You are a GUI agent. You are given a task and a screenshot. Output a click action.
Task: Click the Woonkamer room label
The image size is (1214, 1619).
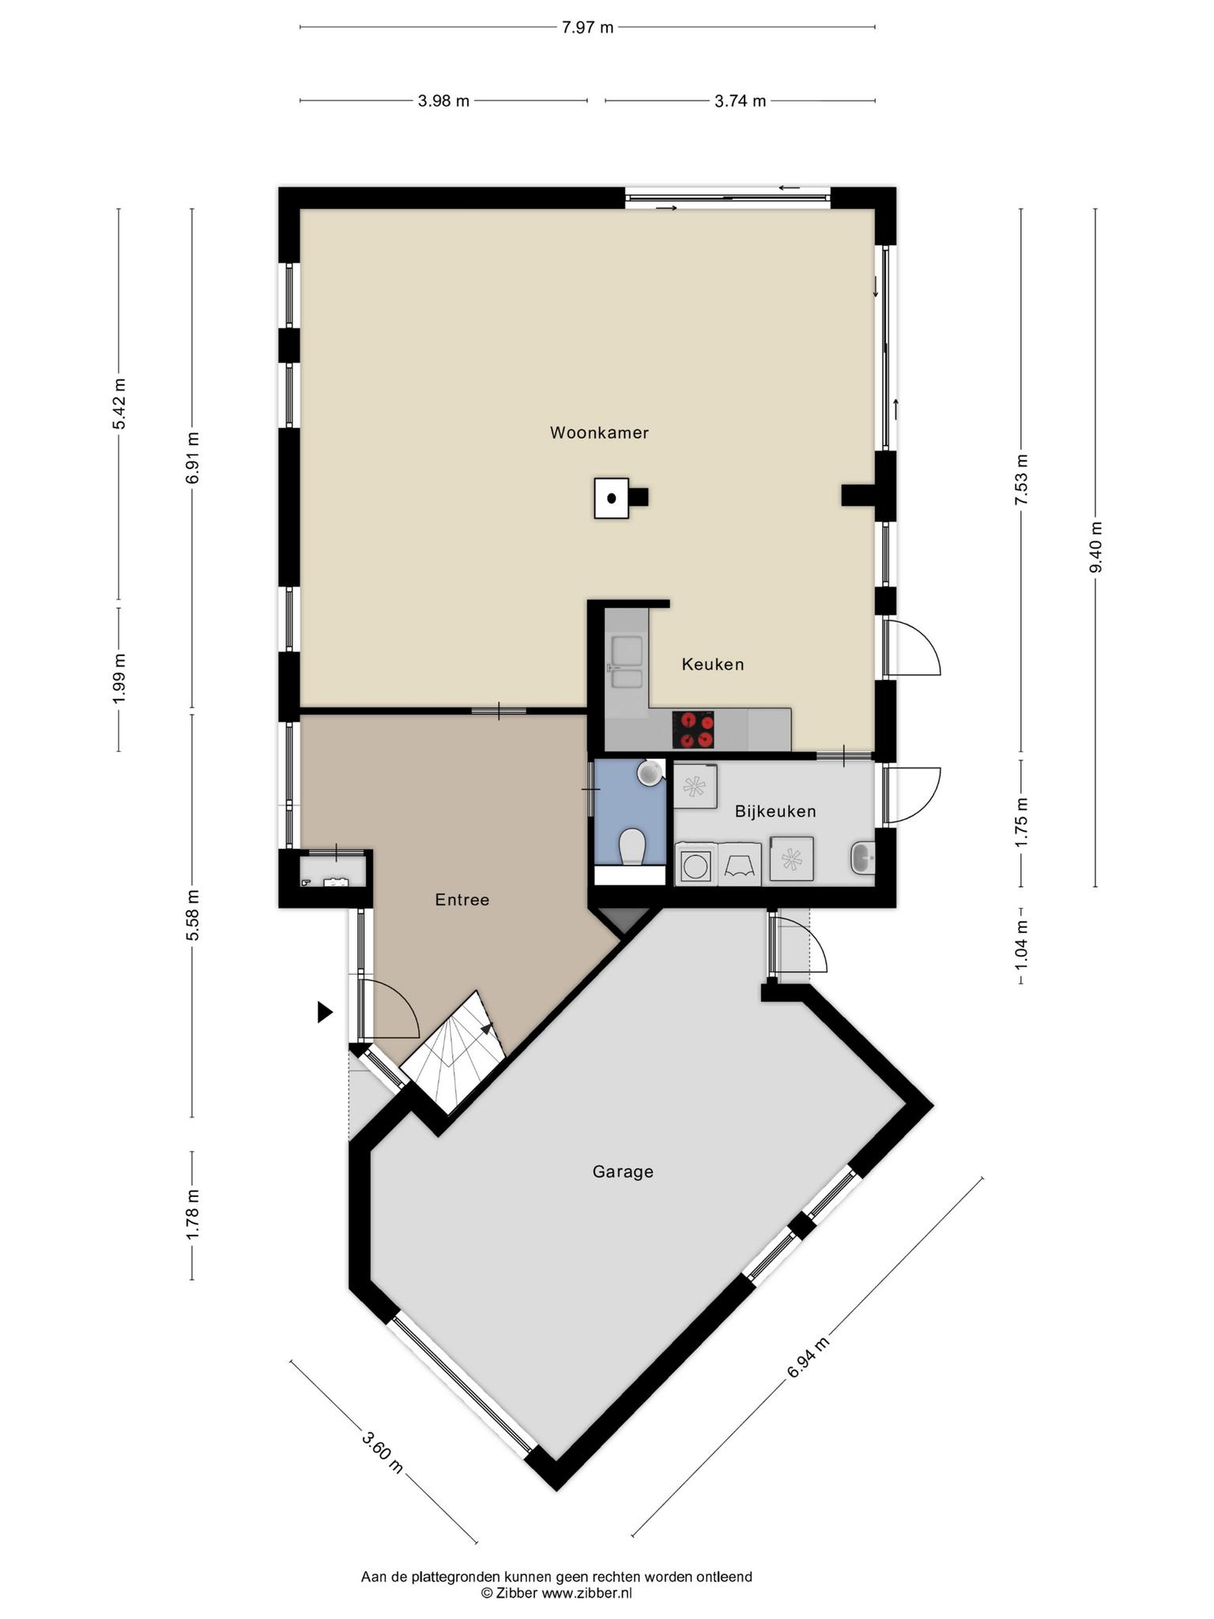[599, 432]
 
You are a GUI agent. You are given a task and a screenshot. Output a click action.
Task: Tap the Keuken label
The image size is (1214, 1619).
[713, 664]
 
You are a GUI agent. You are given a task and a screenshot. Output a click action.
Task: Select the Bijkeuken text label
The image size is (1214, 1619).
[775, 811]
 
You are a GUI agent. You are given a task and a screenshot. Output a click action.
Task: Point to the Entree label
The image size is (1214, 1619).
[462, 900]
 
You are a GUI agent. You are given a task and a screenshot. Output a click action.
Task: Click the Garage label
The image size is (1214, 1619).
[623, 1172]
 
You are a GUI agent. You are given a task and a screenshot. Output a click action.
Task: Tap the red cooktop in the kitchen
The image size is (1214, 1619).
[693, 730]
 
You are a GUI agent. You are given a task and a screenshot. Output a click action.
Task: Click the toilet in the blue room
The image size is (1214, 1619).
[632, 846]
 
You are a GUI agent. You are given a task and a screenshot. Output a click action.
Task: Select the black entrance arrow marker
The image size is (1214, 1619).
[325, 1012]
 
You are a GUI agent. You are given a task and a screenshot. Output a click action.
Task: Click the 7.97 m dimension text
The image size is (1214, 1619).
[587, 28]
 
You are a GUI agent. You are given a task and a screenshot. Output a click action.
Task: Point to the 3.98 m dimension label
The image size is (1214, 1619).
[443, 100]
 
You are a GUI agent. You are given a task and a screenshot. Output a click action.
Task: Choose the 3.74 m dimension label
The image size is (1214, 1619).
[740, 100]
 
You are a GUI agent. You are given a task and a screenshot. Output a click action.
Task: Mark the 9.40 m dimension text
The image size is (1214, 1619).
[1095, 548]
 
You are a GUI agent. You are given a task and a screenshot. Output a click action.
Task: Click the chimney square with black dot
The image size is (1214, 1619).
[612, 498]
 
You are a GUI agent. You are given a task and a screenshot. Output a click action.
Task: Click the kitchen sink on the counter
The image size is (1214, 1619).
[627, 662]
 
